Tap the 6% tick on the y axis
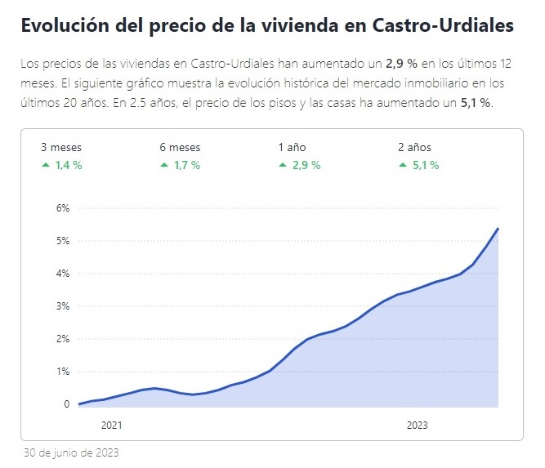tap(64, 208)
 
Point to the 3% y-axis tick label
tap(64, 306)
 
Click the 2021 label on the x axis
tap(111, 426)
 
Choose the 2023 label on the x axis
tap(417, 426)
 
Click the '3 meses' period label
tap(61, 148)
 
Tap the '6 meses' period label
tap(180, 148)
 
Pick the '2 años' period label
tap(414, 148)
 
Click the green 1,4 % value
tap(69, 165)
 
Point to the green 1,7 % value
tap(187, 165)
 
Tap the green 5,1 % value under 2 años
tap(425, 165)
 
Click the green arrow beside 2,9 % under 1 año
tap(282, 165)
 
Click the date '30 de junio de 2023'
tap(72, 452)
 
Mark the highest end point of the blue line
tap(498, 229)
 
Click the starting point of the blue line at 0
tap(79, 404)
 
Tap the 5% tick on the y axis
tap(64, 241)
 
